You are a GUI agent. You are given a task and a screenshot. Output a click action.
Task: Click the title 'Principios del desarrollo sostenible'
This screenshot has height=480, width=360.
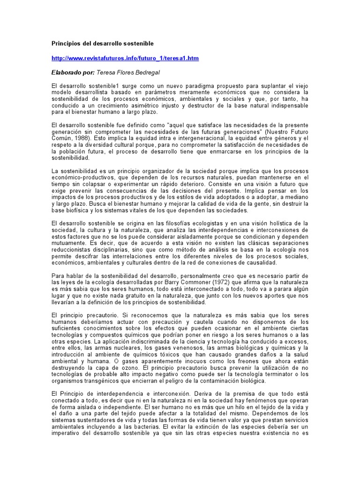(102, 44)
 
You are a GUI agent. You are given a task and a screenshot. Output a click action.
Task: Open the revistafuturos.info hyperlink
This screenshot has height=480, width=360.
(125, 58)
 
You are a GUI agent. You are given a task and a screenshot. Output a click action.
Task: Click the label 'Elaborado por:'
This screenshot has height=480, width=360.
(73, 73)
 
